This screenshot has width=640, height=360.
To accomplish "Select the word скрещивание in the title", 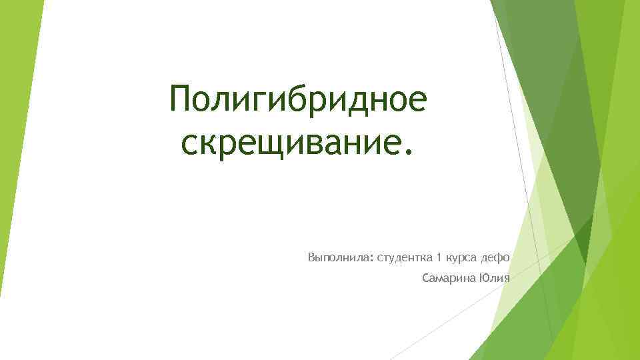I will (289, 143).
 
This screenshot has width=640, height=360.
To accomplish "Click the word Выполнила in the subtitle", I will (339, 257).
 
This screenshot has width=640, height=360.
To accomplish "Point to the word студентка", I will (405, 257).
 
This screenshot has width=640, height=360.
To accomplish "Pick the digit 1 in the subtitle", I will (439, 257).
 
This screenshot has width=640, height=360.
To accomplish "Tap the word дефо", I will (495, 257).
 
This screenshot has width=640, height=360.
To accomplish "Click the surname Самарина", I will (449, 278).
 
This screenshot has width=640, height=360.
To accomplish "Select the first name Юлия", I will (494, 278).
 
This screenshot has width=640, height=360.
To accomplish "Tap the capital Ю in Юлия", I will (483, 278).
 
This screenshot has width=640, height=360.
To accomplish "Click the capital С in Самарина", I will (426, 278).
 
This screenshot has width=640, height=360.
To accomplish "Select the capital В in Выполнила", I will (311, 257).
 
